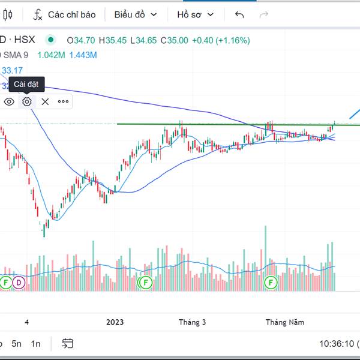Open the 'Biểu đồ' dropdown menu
(x=136, y=14)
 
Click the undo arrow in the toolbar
(x=239, y=14)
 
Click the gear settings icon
(x=27, y=101)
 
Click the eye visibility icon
(x=9, y=101)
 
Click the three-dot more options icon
(x=63, y=101)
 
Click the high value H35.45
(x=116, y=40)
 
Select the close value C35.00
(x=176, y=40)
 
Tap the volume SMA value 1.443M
(x=83, y=55)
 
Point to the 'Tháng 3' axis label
(x=192, y=322)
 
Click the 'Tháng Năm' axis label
(x=285, y=322)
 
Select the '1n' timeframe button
(x=36, y=344)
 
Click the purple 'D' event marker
(x=19, y=281)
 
